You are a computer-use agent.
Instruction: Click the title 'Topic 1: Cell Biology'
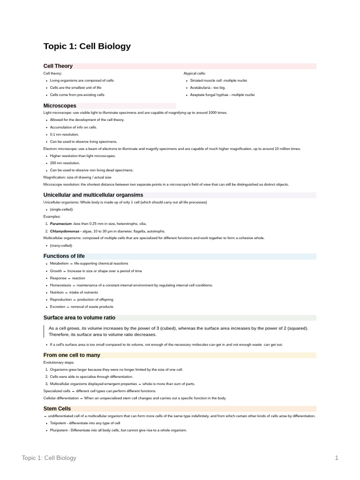click(87, 46)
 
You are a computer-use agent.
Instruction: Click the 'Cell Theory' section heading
click(58, 66)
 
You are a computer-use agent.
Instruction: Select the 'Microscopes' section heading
click(60, 105)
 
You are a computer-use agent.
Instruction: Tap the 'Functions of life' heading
click(64, 256)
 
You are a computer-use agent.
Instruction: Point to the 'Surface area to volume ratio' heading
click(79, 317)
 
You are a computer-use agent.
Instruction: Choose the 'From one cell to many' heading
click(72, 355)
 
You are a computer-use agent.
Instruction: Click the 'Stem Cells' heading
click(57, 409)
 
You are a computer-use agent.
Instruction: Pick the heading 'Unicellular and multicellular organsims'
click(93, 195)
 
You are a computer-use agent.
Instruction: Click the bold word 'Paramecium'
click(61, 224)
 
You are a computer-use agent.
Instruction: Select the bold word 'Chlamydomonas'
click(65, 231)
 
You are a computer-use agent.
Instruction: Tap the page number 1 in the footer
click(337, 458)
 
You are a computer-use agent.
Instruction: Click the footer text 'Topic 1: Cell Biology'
click(49, 458)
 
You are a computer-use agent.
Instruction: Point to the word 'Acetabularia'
click(201, 88)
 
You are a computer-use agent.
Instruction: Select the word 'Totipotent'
click(59, 423)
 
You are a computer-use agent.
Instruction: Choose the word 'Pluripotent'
click(59, 430)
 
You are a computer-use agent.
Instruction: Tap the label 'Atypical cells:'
click(191, 74)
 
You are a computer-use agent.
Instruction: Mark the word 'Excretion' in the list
click(58, 307)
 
